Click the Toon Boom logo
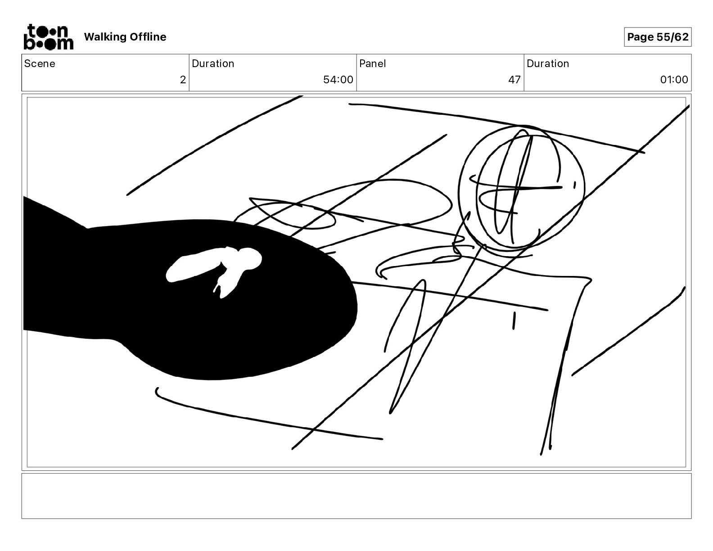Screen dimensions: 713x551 (x=48, y=37)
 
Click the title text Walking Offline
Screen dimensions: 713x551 (x=125, y=37)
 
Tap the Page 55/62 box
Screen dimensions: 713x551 (x=657, y=37)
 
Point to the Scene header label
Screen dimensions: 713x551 (x=40, y=63)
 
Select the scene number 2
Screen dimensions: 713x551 (x=182, y=80)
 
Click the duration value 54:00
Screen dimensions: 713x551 (x=338, y=80)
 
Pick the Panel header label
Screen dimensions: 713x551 (x=372, y=63)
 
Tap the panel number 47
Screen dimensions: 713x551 (x=514, y=80)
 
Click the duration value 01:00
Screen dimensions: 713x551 (x=673, y=80)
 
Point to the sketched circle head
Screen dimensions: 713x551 (x=521, y=187)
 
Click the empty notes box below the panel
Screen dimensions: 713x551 (x=356, y=496)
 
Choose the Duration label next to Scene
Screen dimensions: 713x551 (x=213, y=63)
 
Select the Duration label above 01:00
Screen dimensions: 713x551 (x=547, y=63)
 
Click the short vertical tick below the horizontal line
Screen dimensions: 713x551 (x=514, y=321)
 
